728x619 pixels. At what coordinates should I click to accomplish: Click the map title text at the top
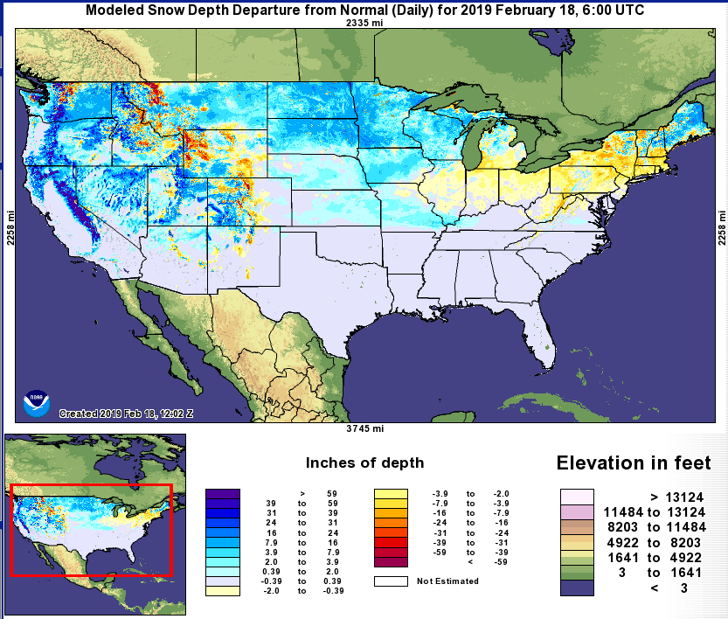tap(364, 10)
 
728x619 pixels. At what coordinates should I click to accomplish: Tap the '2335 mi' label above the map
tap(364, 24)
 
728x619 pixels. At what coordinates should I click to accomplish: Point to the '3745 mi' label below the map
tap(364, 428)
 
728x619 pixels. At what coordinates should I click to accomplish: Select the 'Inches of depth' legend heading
tap(364, 463)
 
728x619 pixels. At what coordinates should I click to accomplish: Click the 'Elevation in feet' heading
tap(634, 463)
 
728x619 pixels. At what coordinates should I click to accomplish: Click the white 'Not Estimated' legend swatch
tap(390, 581)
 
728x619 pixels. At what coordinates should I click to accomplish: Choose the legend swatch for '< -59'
tap(390, 561)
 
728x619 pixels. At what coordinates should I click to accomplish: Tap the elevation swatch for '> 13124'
tap(577, 496)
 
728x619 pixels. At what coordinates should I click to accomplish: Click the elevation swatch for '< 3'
tap(577, 588)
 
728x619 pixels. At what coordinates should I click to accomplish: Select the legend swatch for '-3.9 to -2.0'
tap(390, 494)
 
